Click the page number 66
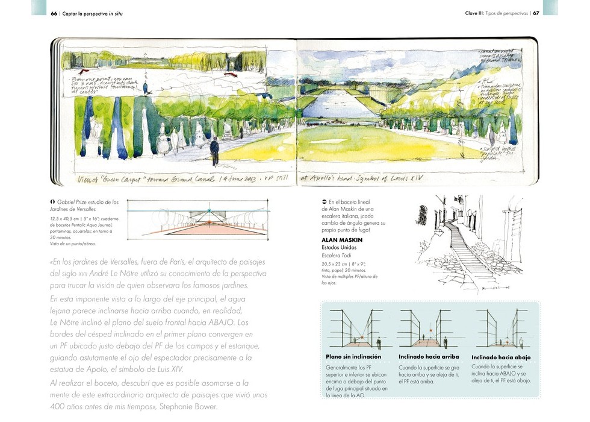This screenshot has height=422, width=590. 54,13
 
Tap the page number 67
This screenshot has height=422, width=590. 536,13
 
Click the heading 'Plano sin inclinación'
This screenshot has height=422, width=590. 353,356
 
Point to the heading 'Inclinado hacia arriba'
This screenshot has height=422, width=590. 429,356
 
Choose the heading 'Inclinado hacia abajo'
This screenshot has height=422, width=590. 501,356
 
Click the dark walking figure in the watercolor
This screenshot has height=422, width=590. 214,148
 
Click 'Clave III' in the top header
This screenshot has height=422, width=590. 477,13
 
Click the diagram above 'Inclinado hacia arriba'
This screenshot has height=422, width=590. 429,329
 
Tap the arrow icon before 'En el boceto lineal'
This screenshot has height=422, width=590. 324,201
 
